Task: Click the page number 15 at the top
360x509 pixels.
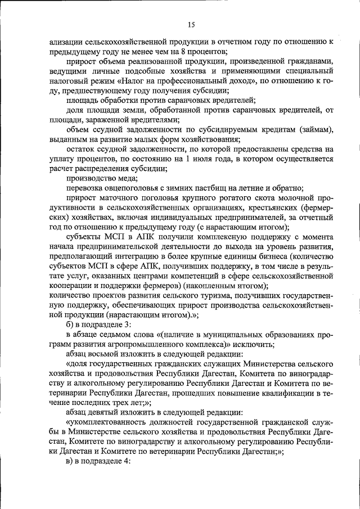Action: click(191, 24)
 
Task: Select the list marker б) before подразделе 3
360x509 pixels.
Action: click(70, 325)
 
